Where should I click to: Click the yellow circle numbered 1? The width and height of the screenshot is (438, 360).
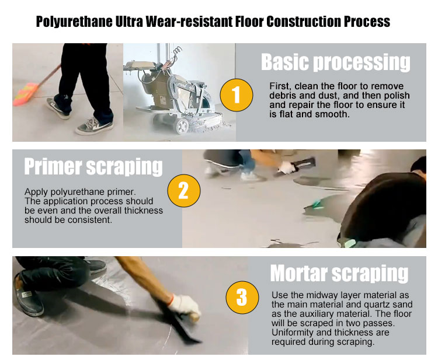pos(237,95)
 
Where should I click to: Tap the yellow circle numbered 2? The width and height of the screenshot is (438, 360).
pos(184,191)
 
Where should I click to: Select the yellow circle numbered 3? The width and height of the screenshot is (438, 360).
pos(242,297)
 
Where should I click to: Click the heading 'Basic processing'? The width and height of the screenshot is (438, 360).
pos(336,62)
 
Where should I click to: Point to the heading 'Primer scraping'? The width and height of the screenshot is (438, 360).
pos(93,167)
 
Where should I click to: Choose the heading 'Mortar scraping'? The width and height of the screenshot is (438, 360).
pos(339,273)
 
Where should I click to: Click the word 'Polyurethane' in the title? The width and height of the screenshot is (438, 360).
pos(74,22)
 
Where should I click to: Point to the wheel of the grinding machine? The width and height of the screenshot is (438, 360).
pos(182,125)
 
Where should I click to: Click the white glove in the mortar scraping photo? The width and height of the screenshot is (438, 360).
pos(185,306)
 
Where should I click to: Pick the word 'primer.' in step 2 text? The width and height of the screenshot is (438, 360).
pos(122,192)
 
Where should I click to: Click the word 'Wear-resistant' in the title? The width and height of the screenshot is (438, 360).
pos(189,22)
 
